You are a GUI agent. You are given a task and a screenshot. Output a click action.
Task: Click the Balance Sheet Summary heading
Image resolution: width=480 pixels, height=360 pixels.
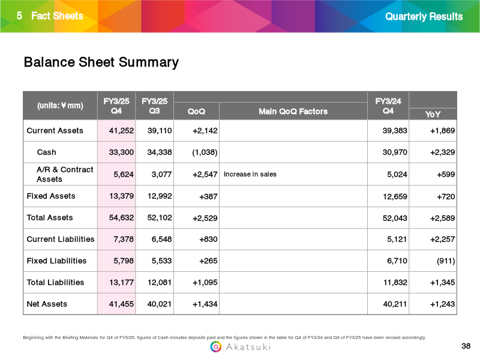(x=101, y=62)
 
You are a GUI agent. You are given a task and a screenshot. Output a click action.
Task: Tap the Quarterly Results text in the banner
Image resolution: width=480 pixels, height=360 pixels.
(x=424, y=17)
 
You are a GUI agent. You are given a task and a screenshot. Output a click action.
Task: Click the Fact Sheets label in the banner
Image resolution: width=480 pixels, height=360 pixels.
(x=57, y=16)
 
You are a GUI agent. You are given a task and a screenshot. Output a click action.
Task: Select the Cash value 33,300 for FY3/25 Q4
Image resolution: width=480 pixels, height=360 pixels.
(x=121, y=152)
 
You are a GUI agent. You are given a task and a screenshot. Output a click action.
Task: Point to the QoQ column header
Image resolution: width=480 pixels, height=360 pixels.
(x=196, y=111)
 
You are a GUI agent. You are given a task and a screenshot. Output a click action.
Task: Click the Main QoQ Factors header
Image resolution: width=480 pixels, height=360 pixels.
(x=293, y=111)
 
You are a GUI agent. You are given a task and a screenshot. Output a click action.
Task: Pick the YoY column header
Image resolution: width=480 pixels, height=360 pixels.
(x=433, y=114)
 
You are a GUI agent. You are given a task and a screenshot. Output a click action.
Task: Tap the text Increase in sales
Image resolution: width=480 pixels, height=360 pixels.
(x=250, y=174)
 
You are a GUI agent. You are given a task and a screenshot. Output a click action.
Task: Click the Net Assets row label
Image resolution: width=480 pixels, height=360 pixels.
(x=47, y=304)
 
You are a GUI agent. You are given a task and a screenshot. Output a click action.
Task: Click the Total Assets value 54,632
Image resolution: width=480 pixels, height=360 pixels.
(x=121, y=218)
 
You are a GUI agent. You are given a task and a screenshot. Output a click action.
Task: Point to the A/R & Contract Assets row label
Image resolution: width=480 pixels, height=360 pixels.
(x=65, y=174)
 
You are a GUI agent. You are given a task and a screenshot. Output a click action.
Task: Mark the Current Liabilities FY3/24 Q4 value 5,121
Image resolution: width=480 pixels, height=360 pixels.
(x=397, y=239)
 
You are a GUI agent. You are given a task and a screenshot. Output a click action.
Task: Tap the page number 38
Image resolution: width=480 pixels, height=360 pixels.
(x=466, y=346)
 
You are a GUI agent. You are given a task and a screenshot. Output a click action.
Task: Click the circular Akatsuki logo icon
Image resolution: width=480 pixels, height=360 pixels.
(x=216, y=347)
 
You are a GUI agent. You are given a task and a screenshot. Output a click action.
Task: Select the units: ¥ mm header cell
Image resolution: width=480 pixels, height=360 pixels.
(x=60, y=106)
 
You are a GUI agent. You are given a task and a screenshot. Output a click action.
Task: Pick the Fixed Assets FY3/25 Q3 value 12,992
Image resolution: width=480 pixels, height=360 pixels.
(x=160, y=196)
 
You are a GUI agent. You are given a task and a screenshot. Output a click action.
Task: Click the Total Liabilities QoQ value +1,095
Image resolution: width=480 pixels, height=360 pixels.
(x=205, y=282)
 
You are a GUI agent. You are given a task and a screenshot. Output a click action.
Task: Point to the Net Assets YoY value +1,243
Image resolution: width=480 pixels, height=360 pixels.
(x=442, y=304)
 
